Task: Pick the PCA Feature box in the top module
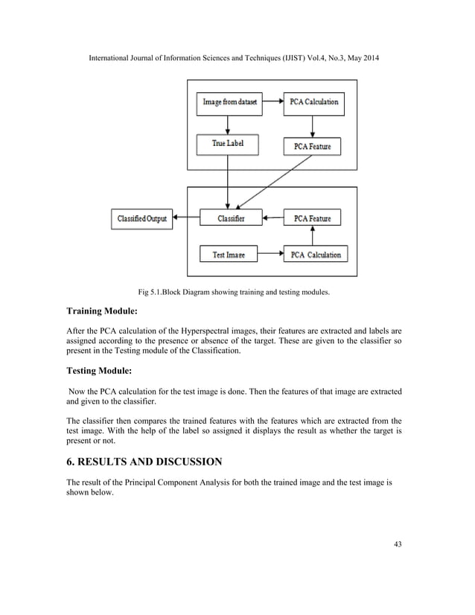coord(312,147)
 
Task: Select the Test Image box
coord(229,255)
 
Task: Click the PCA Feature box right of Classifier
coord(312,219)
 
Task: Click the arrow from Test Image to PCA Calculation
coord(270,255)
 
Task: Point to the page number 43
coord(398,544)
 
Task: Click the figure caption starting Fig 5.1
coord(238,293)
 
